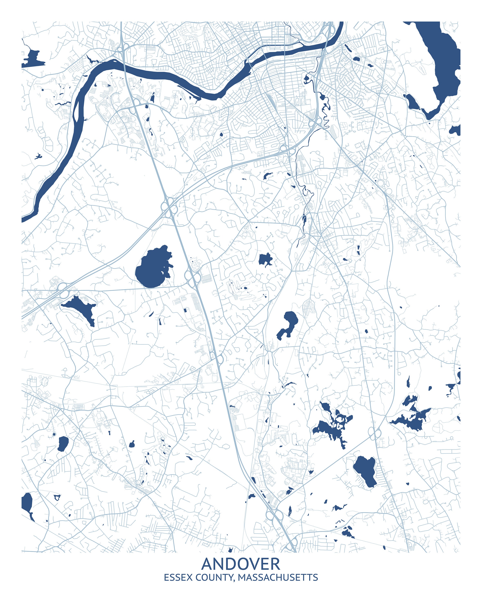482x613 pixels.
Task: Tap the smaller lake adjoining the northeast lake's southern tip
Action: tap(412, 102)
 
